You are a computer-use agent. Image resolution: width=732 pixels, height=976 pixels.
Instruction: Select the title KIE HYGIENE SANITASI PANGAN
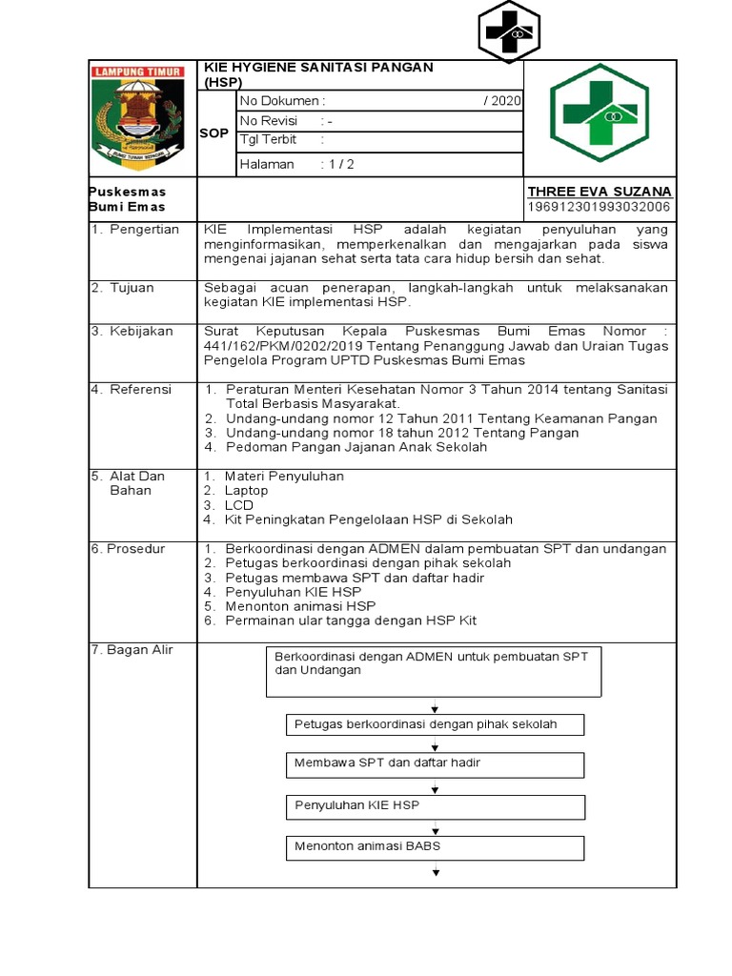(x=318, y=67)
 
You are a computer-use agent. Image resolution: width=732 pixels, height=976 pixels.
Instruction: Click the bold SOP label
(x=214, y=133)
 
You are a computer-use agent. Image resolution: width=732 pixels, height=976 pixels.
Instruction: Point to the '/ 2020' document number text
(x=502, y=101)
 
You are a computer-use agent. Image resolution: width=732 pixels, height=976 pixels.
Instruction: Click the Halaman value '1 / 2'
(x=340, y=164)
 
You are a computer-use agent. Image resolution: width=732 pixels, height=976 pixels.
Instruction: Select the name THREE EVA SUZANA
(x=600, y=192)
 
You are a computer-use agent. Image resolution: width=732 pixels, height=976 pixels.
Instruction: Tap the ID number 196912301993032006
(x=600, y=207)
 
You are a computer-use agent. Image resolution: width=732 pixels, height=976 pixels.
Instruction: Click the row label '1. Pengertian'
(x=135, y=230)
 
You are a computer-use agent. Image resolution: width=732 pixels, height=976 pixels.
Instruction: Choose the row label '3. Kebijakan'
(x=132, y=331)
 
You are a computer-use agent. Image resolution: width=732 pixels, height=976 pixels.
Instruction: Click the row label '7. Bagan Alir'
(x=133, y=649)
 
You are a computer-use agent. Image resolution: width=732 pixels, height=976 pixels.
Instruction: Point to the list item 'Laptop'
(x=246, y=490)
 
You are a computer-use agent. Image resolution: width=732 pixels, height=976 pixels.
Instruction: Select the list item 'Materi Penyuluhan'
(x=284, y=476)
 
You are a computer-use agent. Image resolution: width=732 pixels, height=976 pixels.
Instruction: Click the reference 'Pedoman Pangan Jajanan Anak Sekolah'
(x=356, y=446)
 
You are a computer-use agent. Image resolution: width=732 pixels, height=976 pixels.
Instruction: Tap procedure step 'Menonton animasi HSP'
(x=300, y=605)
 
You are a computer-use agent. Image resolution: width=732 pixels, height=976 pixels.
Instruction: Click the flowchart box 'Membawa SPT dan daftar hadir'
(x=434, y=764)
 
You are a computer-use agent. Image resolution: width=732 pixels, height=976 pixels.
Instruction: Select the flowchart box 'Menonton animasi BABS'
(x=434, y=846)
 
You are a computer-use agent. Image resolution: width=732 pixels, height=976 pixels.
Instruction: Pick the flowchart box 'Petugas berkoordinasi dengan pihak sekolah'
(x=434, y=724)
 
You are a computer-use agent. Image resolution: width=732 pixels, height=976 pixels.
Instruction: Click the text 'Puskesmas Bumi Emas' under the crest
(x=128, y=199)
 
